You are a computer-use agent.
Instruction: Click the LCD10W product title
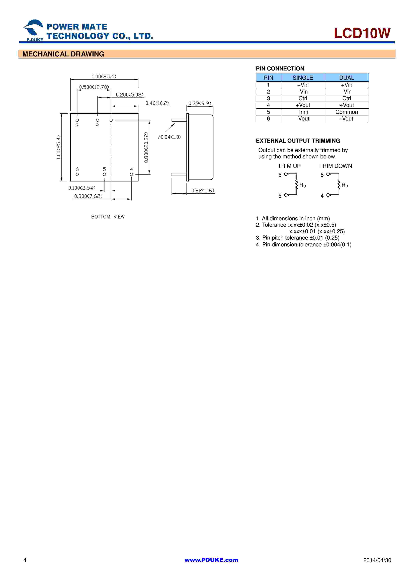coord(362,33)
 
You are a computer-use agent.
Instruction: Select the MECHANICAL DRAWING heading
coord(63,54)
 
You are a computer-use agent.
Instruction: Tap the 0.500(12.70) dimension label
coord(94,87)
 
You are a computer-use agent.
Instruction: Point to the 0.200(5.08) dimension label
coord(130,95)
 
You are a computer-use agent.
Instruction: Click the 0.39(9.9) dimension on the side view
coord(200,103)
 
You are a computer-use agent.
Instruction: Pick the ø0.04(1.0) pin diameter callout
coord(169,137)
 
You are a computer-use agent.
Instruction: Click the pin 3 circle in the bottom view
coord(77,120)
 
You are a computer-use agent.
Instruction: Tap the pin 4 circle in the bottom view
coord(131,174)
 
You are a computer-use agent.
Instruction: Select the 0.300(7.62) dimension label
coord(88,196)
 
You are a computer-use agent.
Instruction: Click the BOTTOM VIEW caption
coord(108,217)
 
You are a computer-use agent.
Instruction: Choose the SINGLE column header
coord(303,78)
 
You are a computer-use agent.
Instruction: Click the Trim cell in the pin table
coord(303,112)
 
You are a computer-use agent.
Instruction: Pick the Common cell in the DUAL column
coord(346,112)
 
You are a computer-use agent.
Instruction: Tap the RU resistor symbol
coord(297,185)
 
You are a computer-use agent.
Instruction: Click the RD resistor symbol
coord(339,185)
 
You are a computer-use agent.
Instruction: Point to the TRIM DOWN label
coord(336,166)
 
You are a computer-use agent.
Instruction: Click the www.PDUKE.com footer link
coord(211,560)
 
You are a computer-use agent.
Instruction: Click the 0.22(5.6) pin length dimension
coord(203,190)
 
